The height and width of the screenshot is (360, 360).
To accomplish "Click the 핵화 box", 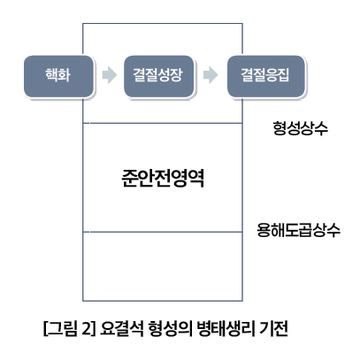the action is (x=58, y=76).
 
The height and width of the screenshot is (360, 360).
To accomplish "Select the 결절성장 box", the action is (x=159, y=76).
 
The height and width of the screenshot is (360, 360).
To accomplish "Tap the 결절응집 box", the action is (x=265, y=76).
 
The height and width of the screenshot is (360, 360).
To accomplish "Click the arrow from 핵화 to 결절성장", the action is (x=109, y=75).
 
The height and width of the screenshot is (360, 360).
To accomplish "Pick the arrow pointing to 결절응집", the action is (x=211, y=75).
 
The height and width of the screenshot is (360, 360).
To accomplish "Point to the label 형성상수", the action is (x=300, y=128).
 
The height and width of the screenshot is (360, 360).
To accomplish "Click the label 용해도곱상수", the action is (x=298, y=230).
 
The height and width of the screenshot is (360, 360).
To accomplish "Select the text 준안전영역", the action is (x=163, y=178).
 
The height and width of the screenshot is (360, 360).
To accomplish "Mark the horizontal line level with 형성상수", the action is (x=163, y=123).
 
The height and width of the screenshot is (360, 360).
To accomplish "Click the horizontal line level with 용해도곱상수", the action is (x=163, y=232).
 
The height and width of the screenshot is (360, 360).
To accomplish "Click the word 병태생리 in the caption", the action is (x=226, y=328).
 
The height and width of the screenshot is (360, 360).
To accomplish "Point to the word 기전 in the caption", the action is (x=273, y=328).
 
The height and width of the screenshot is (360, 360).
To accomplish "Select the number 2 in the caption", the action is (x=86, y=329).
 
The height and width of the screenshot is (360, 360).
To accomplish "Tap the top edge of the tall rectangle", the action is (x=163, y=23).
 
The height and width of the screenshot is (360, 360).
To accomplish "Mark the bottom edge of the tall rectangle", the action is (x=163, y=301).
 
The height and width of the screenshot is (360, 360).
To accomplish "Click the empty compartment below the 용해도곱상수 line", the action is (x=163, y=266).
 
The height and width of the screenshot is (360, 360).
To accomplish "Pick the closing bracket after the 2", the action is (x=94, y=329).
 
